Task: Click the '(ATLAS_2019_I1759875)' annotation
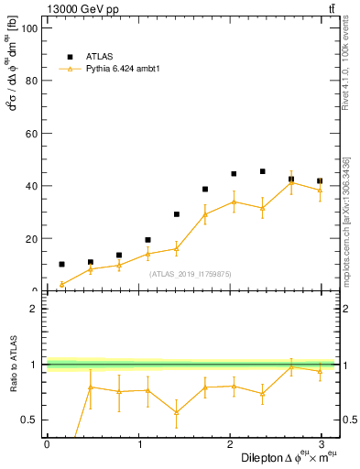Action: [x=191, y=273]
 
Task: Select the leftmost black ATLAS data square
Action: [x=61, y=264]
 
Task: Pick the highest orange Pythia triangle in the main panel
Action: [x=291, y=182]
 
